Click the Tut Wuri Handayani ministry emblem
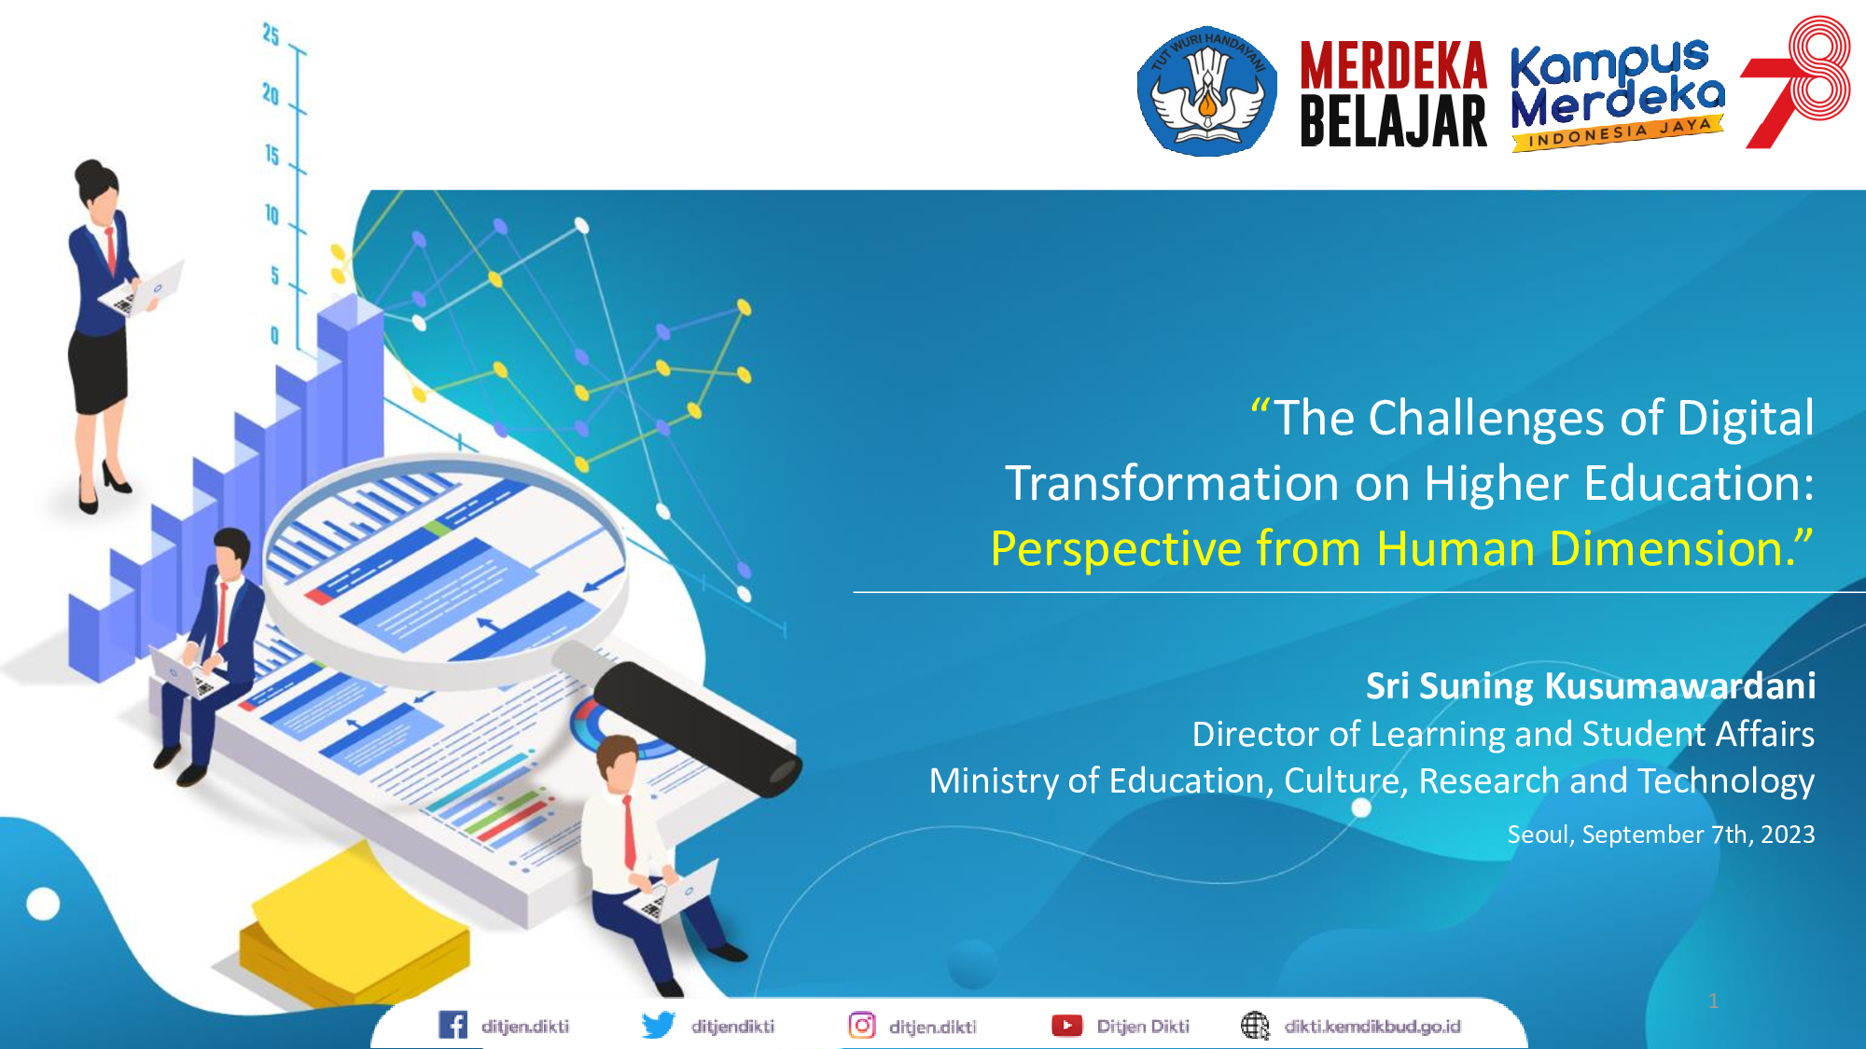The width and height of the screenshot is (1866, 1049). point(1207,90)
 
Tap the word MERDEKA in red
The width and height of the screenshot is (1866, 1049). point(1393,65)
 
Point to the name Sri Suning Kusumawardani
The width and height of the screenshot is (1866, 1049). point(1591,686)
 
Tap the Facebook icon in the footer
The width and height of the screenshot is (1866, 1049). point(453,1025)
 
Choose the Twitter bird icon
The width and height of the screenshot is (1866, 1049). point(659,1025)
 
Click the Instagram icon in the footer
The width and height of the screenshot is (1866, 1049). point(862,1025)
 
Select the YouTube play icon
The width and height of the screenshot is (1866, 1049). point(1066,1026)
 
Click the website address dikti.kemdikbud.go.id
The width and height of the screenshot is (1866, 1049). point(1372,1027)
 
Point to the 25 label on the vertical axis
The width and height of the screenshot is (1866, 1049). point(271,35)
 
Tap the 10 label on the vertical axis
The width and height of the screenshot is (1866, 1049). point(272,214)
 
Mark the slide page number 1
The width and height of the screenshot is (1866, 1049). point(1713,1001)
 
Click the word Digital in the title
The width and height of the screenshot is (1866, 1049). point(1746,418)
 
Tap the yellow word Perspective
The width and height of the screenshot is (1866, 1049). point(1116,549)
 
